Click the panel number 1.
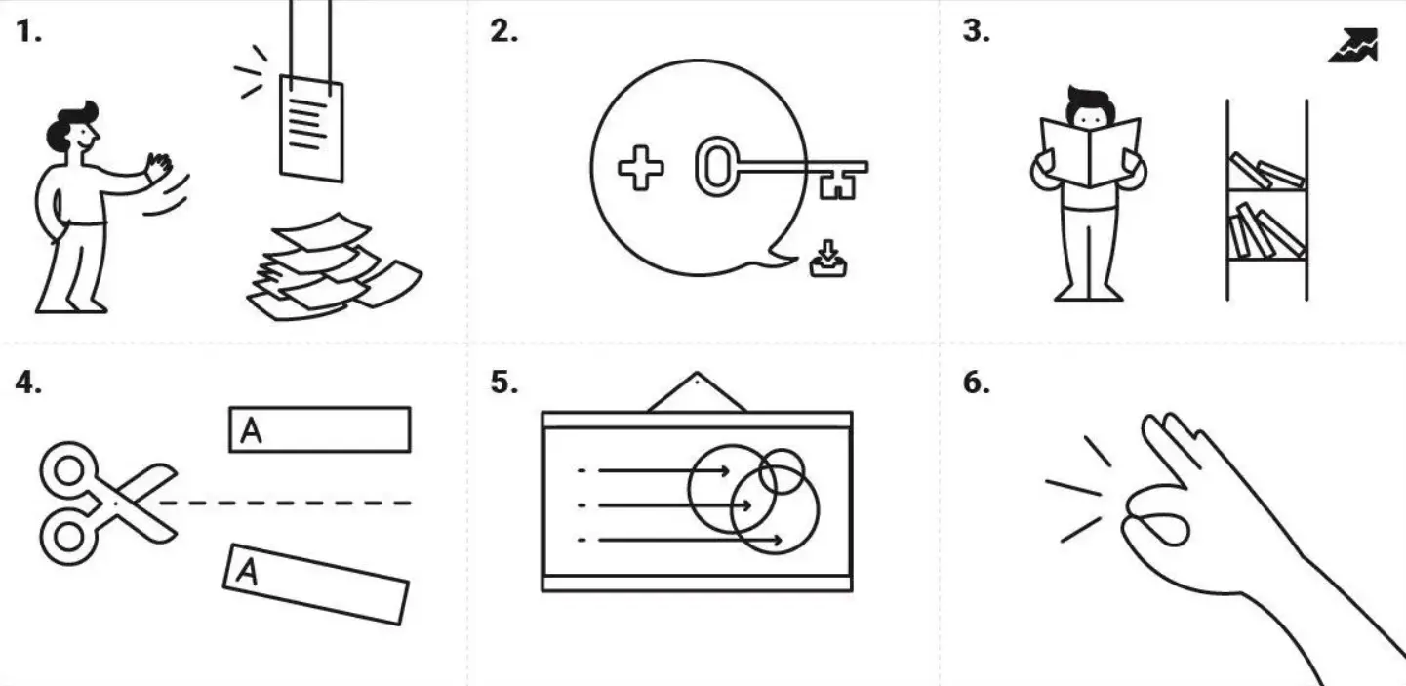coord(28,31)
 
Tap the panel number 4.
coord(28,383)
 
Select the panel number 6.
coord(977,383)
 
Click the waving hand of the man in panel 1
coord(159,167)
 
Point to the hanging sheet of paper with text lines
coord(311,129)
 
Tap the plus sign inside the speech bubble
coord(641,168)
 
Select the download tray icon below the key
coord(828,259)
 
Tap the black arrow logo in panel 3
coord(1353,45)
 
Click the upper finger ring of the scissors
coord(69,470)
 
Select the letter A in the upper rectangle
coord(251,431)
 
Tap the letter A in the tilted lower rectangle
coord(247,571)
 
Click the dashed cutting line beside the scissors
coord(286,503)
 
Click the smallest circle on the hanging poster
coord(782,471)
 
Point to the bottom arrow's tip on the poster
coord(780,540)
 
